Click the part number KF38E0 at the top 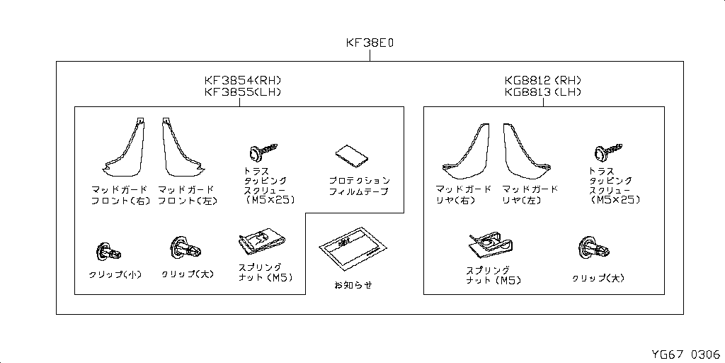370,43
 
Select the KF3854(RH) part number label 243,80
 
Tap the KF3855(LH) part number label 243,91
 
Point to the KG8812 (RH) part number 543,80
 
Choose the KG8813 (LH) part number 543,91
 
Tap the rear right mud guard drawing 466,151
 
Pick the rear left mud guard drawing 527,151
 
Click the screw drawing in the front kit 263,152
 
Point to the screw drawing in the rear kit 607,152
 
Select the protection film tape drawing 353,156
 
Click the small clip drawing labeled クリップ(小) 109,252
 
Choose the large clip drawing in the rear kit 594,248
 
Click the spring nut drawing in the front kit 262,242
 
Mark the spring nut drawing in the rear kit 490,245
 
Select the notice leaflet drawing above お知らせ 353,249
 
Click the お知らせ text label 353,285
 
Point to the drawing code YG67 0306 685,354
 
